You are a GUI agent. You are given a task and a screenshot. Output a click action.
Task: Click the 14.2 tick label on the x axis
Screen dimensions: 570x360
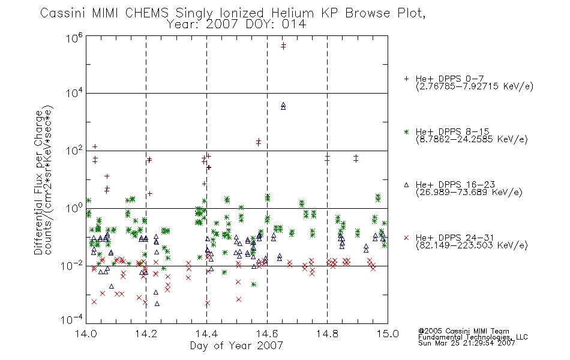[146, 334]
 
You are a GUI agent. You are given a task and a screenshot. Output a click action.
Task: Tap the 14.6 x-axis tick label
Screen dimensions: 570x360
[267, 334]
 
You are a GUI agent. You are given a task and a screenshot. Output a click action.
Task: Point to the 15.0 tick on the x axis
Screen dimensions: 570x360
[388, 334]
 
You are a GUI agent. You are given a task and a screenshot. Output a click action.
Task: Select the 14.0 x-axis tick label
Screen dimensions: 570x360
[86, 334]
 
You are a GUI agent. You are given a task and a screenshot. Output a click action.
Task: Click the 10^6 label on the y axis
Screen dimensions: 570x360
[74, 38]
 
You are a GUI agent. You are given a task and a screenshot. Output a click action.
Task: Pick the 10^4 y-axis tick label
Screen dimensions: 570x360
[74, 94]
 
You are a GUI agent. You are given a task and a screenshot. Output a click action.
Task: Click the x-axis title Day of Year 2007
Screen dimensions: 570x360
[236, 346]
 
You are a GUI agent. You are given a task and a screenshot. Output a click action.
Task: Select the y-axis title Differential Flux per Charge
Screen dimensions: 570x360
[38, 182]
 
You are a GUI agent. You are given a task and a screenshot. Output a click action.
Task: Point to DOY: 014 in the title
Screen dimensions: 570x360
[276, 25]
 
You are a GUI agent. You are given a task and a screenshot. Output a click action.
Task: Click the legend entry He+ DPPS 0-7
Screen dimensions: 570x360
[449, 79]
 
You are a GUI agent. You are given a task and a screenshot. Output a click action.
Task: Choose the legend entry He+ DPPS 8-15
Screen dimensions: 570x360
[452, 131]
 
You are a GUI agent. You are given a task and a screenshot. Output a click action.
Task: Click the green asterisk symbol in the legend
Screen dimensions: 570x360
[406, 132]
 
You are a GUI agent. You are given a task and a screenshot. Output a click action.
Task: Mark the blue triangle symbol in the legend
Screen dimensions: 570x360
[406, 185]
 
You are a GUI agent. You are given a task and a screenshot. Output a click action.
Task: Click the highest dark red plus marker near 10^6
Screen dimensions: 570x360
[283, 44]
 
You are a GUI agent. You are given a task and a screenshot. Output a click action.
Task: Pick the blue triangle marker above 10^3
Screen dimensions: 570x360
[283, 105]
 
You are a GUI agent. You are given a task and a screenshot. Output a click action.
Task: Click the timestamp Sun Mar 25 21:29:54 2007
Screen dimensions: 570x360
[466, 343]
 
